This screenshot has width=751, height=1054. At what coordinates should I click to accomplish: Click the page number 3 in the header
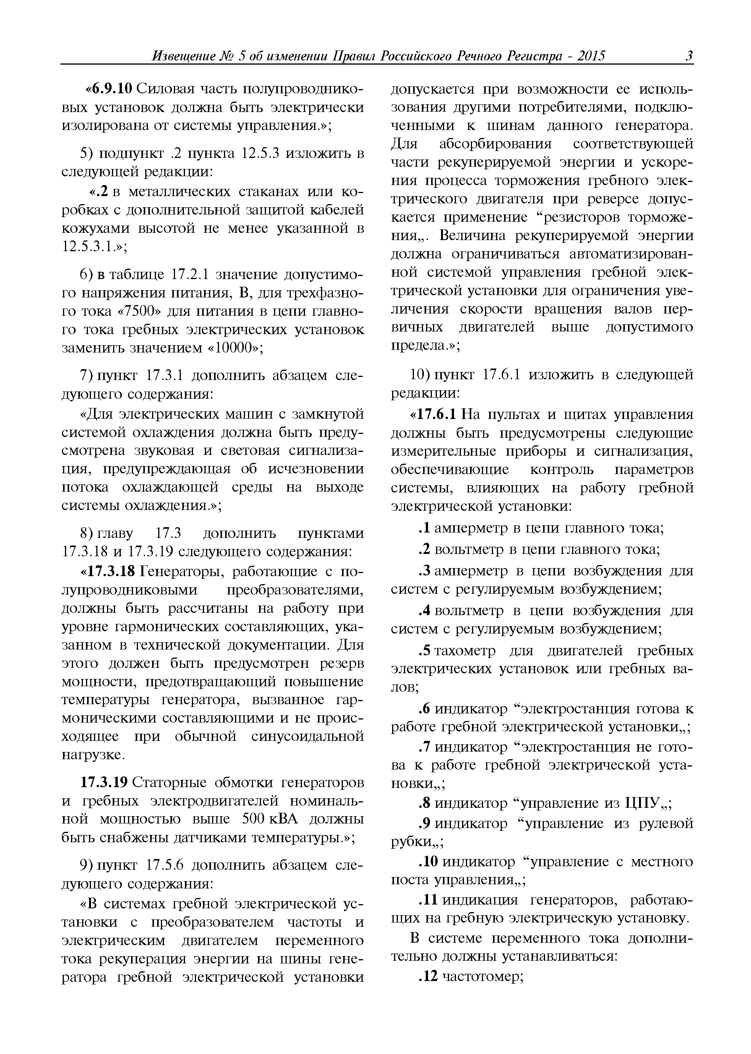click(x=689, y=57)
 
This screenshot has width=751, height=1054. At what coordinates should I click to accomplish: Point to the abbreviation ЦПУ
click(x=642, y=803)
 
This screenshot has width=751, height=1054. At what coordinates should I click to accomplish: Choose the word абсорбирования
click(x=495, y=144)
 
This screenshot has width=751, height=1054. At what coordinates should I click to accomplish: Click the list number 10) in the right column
click(x=421, y=375)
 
